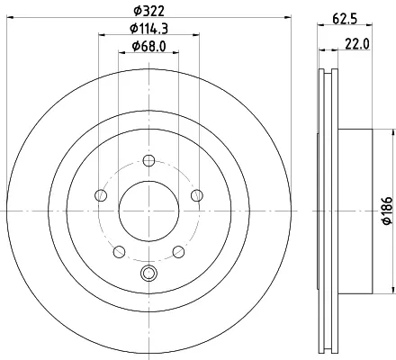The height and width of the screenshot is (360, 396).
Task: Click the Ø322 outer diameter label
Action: pos(149,11)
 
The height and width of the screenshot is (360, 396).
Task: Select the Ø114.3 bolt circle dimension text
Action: pos(148,29)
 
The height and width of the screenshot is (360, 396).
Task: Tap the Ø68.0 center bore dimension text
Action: pos(148,47)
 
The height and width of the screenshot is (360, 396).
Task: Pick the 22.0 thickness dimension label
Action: pos(357,44)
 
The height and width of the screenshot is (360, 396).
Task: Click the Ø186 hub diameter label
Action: pos(387,211)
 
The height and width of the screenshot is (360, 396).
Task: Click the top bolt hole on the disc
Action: pos(148,160)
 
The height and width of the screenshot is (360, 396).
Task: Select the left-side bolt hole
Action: pos(101,195)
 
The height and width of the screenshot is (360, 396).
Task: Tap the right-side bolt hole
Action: pos(197,195)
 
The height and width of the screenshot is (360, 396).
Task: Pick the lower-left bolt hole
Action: pos(120,251)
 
